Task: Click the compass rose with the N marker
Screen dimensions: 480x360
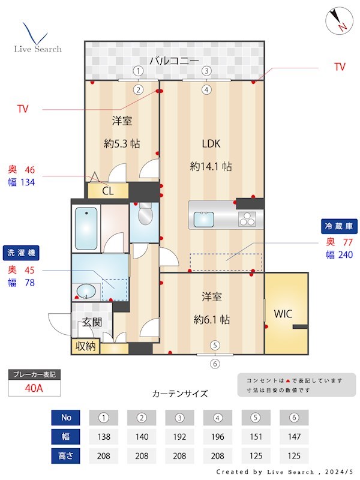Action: pos(337,21)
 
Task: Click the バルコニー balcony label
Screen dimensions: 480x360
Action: pos(175,60)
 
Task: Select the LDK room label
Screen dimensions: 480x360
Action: pos(211,143)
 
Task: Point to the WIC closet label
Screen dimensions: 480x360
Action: pos(284,313)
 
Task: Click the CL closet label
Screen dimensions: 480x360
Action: pos(108,191)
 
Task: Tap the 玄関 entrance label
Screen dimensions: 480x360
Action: pos(92,322)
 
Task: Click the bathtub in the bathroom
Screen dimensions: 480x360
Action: pos(86,227)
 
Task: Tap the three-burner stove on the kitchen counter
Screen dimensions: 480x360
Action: pos(247,220)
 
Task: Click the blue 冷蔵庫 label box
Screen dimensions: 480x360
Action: pos(340,227)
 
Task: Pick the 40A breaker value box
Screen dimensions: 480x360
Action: pos(34,388)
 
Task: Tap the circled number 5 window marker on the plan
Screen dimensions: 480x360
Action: pos(215,345)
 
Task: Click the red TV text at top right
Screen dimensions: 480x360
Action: pos(340,67)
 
